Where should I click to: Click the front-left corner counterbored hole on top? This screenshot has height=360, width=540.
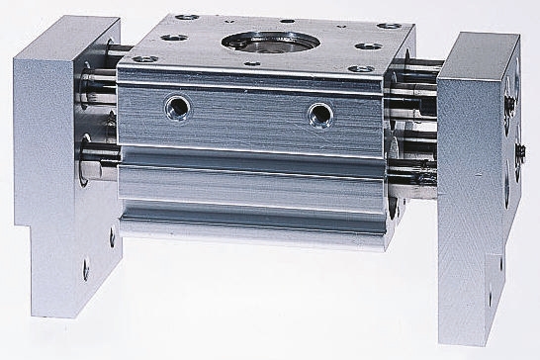point(144,58)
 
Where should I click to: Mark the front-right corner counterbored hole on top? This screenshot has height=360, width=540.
point(360,69)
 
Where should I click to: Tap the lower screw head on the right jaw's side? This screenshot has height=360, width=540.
point(518,149)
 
